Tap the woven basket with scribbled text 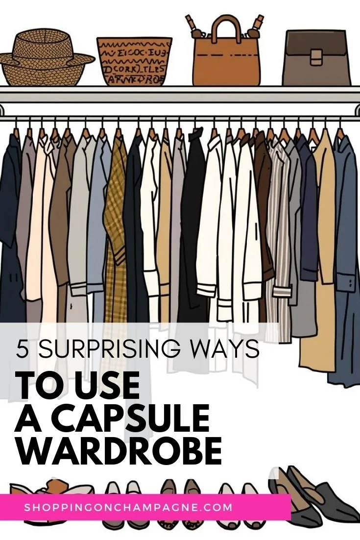[x=134, y=61]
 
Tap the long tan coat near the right [x=321, y=255]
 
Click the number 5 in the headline [x=22, y=349]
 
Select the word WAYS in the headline [x=230, y=349]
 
